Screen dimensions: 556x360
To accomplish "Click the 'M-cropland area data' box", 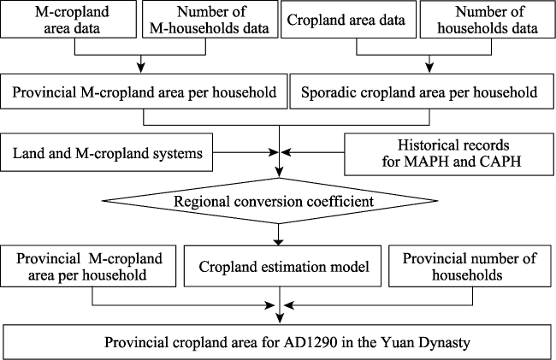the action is point(68,19).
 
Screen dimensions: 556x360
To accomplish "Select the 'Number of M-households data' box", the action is point(210,19).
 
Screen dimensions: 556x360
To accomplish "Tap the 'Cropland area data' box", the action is point(348,19).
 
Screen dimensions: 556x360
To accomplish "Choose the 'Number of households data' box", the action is point(488,19).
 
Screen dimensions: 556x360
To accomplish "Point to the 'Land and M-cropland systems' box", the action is point(107,152).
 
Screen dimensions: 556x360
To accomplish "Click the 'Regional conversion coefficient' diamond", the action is point(270,201).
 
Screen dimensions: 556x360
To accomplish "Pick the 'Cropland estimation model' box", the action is point(282,266).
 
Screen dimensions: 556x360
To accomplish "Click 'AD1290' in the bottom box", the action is point(310,343).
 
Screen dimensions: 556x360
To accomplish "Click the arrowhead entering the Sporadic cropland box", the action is point(429,68).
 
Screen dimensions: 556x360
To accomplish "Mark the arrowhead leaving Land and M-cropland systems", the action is point(274,152).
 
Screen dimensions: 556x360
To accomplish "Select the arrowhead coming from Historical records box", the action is point(286,152).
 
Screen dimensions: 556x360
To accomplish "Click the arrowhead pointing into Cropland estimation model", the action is point(279,241).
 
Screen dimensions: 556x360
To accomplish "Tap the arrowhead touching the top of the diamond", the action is point(280,174).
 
